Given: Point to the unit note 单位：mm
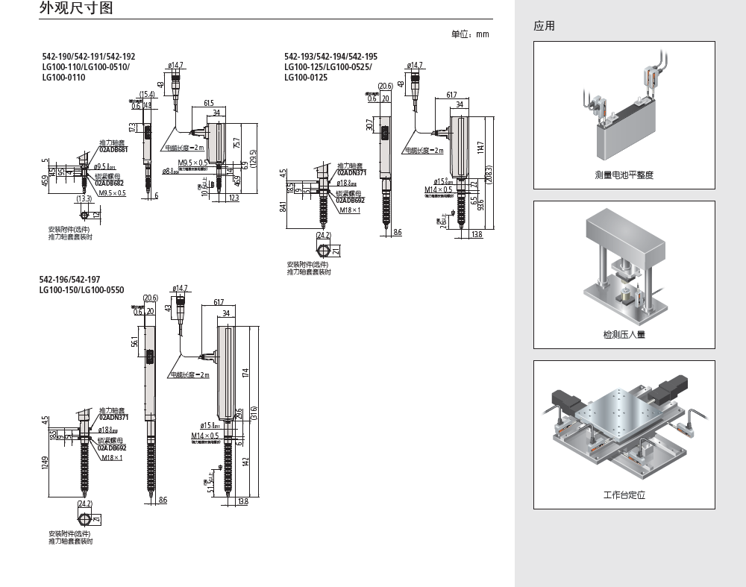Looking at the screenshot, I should (470, 34).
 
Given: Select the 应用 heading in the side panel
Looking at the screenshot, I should (545, 26).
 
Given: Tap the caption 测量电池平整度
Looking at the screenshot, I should (624, 175).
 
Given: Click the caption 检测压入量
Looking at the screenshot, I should (624, 335).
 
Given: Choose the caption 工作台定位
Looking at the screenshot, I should (624, 495).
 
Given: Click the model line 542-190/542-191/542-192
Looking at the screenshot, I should (89, 57).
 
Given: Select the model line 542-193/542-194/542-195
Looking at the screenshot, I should (330, 57).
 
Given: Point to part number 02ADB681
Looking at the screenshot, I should (114, 150).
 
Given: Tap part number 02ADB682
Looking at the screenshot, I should (110, 183).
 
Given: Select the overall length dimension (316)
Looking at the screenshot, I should (254, 412).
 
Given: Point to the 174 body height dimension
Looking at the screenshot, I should (245, 373).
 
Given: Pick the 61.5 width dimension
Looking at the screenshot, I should (208, 103).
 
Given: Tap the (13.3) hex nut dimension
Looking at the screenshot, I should (84, 199).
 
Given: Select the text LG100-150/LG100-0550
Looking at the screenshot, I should (83, 289).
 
